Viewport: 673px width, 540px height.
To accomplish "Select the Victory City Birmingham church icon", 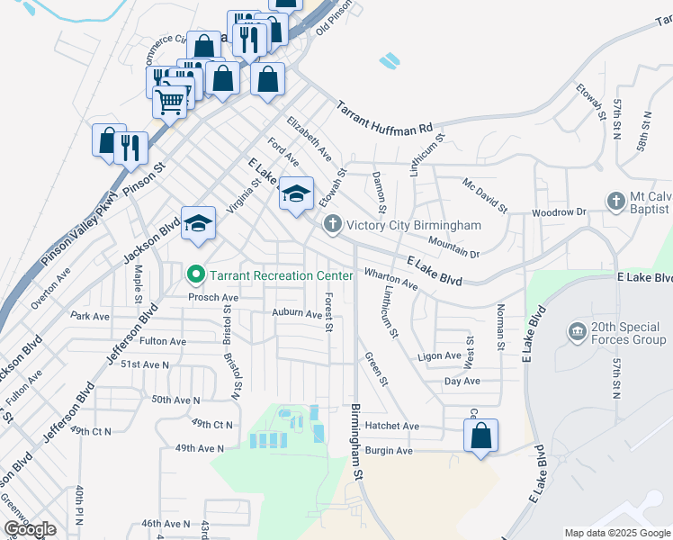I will (332, 224).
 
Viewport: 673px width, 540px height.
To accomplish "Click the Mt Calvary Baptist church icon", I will (615, 201).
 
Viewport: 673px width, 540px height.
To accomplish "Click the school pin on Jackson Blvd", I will (198, 223).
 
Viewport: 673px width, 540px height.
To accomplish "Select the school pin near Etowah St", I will (296, 193).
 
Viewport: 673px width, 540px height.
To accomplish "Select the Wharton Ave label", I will (390, 278).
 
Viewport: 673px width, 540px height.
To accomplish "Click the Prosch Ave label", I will (212, 296).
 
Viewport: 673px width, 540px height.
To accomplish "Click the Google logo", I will (30, 529).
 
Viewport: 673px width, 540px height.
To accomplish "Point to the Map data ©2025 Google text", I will (616, 533).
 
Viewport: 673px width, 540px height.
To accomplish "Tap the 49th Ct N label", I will (212, 423).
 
